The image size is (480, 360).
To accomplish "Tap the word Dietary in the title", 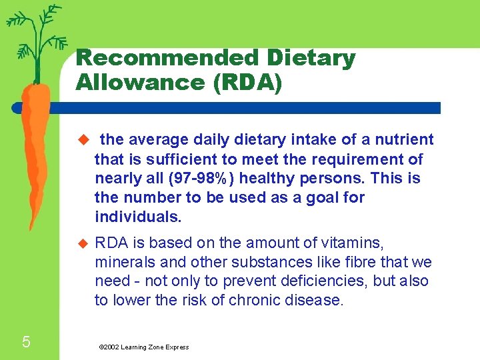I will (x=319, y=58).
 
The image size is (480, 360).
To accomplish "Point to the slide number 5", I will (x=26, y=343).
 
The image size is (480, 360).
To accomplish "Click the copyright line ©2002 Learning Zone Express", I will (x=143, y=347).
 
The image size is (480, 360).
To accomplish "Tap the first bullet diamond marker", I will (x=83, y=140).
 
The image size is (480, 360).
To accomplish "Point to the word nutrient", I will (x=405, y=139).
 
